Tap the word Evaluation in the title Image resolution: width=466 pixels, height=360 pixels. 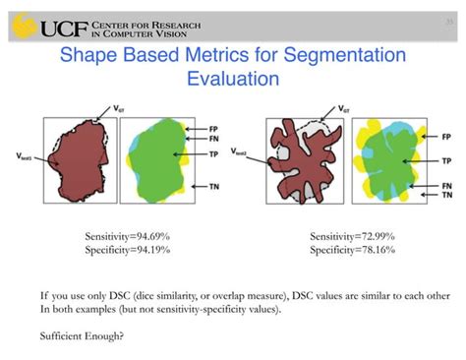coord(233,77)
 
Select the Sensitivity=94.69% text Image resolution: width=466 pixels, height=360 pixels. coord(127,236)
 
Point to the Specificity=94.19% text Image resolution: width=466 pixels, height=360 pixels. coord(127,250)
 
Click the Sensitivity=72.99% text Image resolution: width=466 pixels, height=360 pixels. coord(351,236)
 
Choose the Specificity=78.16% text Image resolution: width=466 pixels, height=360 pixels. coord(351,250)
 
